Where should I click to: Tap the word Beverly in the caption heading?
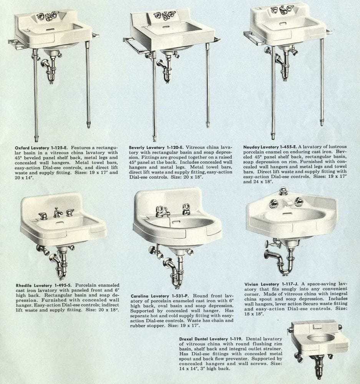137,148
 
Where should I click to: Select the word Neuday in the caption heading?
251,147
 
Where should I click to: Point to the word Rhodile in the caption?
24,286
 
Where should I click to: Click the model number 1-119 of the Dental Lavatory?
236,339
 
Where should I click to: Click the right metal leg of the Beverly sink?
208,86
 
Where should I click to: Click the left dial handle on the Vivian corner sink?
273,203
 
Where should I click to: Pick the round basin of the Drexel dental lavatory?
320,339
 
